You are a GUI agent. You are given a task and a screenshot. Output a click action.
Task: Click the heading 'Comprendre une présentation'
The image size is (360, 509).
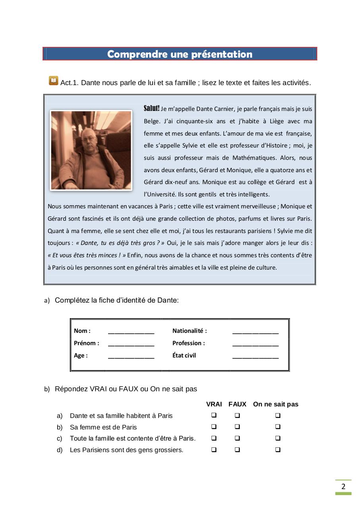pyautogui.click(x=180, y=54)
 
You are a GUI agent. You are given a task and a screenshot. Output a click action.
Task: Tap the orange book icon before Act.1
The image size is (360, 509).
pyautogui.click(x=53, y=81)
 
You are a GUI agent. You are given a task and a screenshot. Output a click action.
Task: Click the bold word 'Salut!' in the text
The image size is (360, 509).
pyautogui.click(x=151, y=109)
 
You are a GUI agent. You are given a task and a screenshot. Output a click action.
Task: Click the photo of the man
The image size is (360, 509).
pyautogui.click(x=91, y=150)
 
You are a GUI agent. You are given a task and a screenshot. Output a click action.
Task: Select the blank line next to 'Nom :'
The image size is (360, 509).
pyautogui.click(x=131, y=332)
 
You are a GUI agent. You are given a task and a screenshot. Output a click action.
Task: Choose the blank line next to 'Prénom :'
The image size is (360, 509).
pyautogui.click(x=131, y=344)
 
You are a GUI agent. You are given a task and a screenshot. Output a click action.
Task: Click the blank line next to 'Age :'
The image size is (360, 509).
pyautogui.click(x=131, y=356)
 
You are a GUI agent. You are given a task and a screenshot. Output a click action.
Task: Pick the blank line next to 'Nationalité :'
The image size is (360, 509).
pyautogui.click(x=255, y=332)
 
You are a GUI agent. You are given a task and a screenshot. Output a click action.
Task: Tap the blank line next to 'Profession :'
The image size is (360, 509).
pyautogui.click(x=255, y=344)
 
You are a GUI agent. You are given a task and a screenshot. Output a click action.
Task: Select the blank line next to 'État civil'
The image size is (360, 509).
pyautogui.click(x=255, y=356)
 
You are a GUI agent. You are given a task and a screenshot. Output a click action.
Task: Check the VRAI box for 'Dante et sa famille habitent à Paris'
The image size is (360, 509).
pyautogui.click(x=214, y=416)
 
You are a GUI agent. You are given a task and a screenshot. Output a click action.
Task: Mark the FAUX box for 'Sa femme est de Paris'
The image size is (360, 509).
pyautogui.click(x=237, y=427)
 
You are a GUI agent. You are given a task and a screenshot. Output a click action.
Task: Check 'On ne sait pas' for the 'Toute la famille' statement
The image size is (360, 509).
pyautogui.click(x=278, y=439)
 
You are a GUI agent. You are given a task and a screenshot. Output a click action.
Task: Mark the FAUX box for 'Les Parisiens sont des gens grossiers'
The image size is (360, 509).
pyautogui.click(x=237, y=450)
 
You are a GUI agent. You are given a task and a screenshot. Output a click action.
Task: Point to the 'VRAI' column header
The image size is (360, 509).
pyautogui.click(x=214, y=404)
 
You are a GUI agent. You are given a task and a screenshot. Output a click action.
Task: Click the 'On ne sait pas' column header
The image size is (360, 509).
pyautogui.click(x=275, y=404)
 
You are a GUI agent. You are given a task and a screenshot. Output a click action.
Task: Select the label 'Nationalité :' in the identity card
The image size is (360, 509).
pyautogui.click(x=190, y=331)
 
